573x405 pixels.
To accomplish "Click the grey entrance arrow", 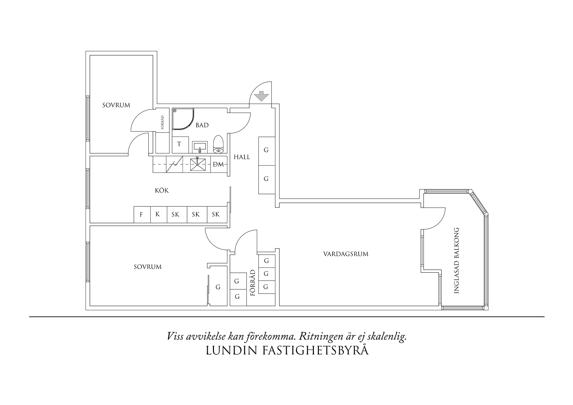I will (261, 96).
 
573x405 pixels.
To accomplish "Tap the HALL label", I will (242, 157).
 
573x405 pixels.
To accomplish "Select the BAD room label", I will (202, 125).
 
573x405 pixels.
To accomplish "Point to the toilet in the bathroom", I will (218, 145).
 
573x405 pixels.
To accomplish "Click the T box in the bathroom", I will (179, 144).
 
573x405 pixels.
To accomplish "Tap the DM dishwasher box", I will (218, 164).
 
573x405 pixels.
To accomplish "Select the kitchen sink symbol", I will (199, 164).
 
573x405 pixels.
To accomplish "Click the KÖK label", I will (162, 190).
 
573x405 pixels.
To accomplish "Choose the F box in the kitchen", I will (141, 215).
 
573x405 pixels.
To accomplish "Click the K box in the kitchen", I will (158, 215).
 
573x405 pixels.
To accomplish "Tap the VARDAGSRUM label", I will (346, 254).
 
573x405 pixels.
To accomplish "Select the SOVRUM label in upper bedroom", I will (116, 105).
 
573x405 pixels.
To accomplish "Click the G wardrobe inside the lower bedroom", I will (218, 287).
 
